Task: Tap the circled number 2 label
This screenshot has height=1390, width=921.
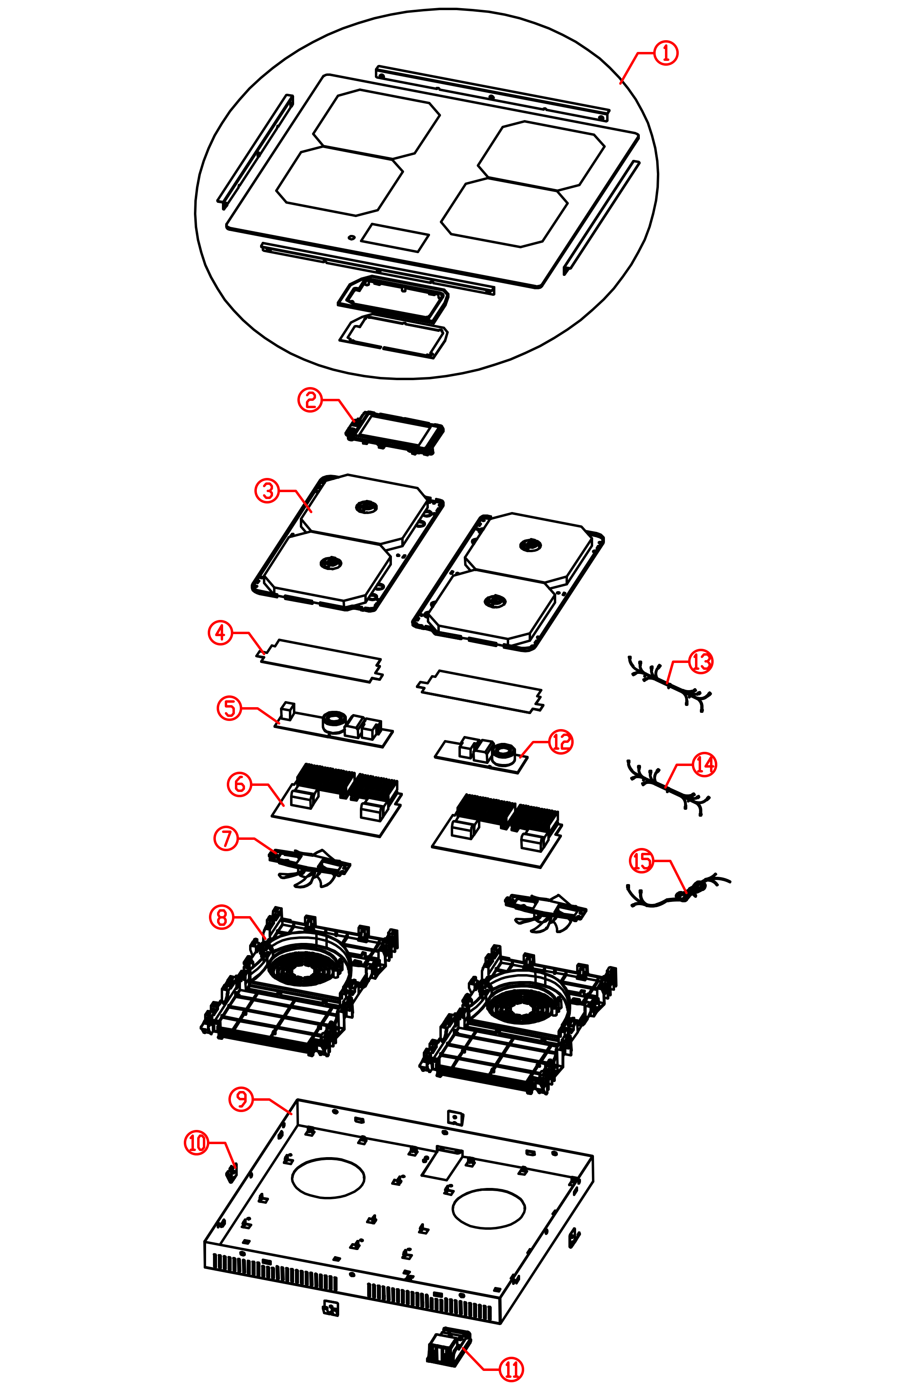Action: point(310,400)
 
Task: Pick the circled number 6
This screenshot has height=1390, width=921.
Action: point(240,784)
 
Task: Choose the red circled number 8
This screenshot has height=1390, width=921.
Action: point(222,917)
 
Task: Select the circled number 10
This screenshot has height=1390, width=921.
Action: point(197,1143)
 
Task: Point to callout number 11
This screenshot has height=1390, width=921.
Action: point(511,1369)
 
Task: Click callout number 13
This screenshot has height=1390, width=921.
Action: point(701,662)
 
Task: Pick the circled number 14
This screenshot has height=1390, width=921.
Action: point(704,765)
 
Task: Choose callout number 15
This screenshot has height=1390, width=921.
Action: point(642,861)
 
